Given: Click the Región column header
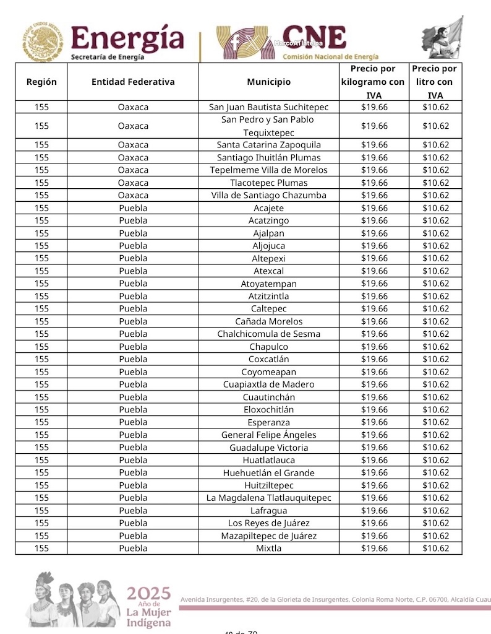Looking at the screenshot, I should [41, 82].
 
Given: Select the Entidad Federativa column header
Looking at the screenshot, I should [133, 82].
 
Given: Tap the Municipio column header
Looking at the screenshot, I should [268, 82].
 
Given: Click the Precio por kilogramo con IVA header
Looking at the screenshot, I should [373, 82].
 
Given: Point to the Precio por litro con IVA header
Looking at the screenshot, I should [435, 82].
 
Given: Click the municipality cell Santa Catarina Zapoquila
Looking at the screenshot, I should [268, 145].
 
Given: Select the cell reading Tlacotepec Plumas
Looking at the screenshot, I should [268, 183].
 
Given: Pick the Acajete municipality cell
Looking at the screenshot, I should [268, 208].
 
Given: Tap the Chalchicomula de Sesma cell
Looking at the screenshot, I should [268, 334].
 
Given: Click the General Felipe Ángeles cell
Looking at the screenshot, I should [268, 435].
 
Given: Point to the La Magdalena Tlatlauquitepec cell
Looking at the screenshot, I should [268, 498].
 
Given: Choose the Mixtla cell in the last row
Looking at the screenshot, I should [268, 548].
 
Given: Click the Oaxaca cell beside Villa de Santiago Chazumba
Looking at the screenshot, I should [133, 195].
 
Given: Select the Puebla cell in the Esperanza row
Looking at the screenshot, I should [133, 422].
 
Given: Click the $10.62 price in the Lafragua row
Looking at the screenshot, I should [435, 510].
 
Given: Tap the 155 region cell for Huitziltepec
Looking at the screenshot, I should [41, 485].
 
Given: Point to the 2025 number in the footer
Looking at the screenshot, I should [148, 593].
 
